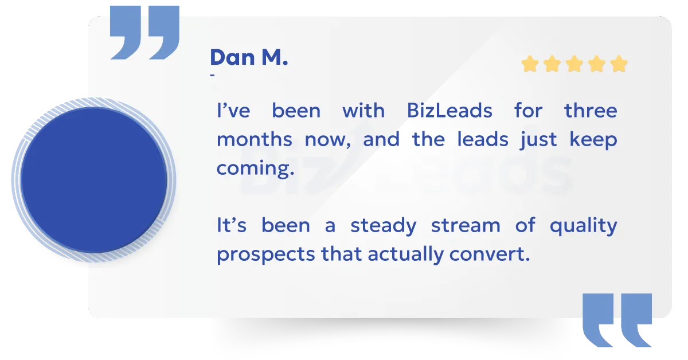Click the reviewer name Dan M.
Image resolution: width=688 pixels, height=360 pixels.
pyautogui.click(x=249, y=57)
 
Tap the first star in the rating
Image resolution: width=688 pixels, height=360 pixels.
pyautogui.click(x=530, y=64)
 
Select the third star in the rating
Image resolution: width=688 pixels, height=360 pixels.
pyautogui.click(x=574, y=64)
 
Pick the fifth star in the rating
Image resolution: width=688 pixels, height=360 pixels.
pyautogui.click(x=619, y=64)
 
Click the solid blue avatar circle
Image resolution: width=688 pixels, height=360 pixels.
pyautogui.click(x=94, y=180)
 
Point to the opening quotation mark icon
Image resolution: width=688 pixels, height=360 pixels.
pyautogui.click(x=144, y=32)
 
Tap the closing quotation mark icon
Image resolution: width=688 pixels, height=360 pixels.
pyautogui.click(x=617, y=320)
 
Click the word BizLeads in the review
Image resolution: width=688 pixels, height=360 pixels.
pyautogui.click(x=449, y=110)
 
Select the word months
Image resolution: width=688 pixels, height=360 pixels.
pyautogui.click(x=255, y=139)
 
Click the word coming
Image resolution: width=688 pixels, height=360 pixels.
pyautogui.click(x=256, y=169)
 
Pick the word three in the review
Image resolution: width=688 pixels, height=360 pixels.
pyautogui.click(x=591, y=110)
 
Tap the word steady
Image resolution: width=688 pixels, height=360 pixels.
pyautogui.click(x=384, y=226)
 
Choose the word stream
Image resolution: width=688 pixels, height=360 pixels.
pyautogui.click(x=466, y=226)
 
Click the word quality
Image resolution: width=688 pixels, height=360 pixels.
pyautogui.click(x=584, y=226)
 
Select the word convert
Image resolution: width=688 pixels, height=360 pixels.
pyautogui.click(x=490, y=255)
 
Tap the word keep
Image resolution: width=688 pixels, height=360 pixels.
pyautogui.click(x=593, y=140)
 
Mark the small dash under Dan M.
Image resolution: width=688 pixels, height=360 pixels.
pyautogui.click(x=212, y=75)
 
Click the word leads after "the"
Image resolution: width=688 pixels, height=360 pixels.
pyautogui.click(x=483, y=139)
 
